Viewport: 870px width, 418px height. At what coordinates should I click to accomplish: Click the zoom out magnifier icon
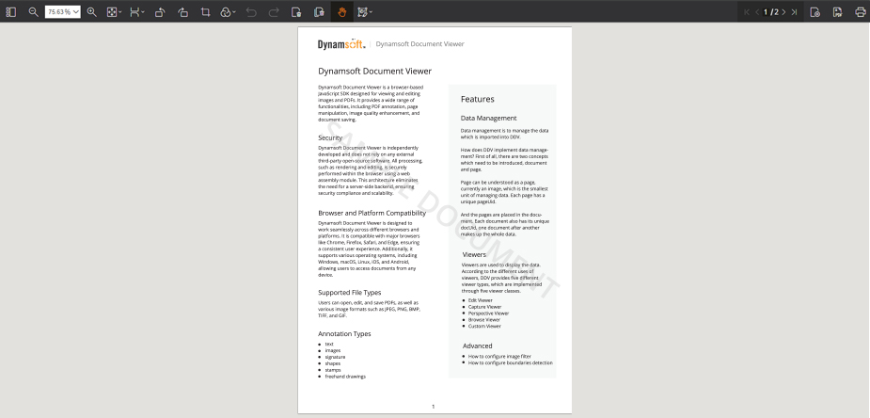(33, 12)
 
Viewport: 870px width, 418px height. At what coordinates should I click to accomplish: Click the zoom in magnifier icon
(92, 12)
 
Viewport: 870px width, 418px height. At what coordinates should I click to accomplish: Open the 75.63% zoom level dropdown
(63, 12)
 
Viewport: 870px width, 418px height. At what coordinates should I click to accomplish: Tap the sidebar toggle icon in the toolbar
(11, 12)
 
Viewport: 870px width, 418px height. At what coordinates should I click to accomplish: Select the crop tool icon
(205, 12)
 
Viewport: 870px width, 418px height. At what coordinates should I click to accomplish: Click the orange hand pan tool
(341, 12)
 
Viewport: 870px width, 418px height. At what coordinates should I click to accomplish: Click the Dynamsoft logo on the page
(341, 43)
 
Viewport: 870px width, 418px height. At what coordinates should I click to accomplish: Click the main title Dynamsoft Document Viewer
(374, 71)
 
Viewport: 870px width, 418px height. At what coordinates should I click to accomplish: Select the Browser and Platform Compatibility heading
(372, 214)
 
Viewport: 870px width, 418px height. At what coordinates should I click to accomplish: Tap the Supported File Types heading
(349, 292)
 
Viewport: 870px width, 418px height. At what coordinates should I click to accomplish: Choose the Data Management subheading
(489, 118)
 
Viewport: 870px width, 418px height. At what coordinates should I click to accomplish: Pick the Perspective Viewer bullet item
(490, 313)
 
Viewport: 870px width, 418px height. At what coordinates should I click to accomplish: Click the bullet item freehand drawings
(344, 376)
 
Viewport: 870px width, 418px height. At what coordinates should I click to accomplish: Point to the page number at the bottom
(433, 406)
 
